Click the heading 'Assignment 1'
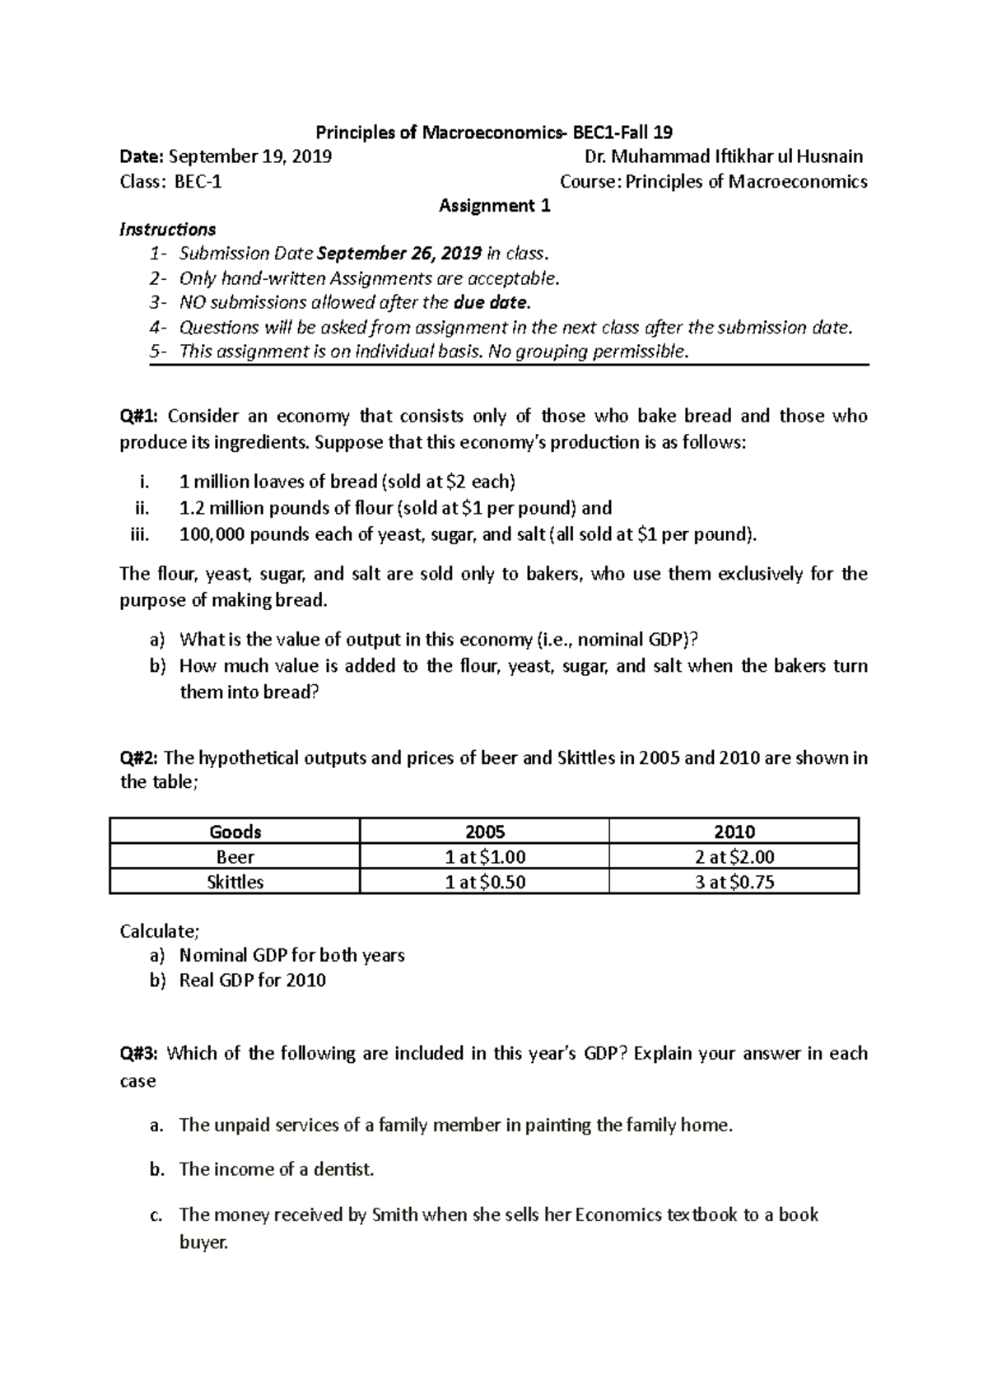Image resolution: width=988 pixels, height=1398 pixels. click(494, 206)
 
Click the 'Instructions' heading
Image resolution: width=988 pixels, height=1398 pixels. click(168, 229)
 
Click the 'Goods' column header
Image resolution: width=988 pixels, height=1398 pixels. click(235, 832)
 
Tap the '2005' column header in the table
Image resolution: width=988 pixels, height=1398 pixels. click(485, 832)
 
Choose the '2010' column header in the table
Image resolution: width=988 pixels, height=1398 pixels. click(734, 832)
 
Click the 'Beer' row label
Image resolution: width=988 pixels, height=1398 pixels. click(235, 857)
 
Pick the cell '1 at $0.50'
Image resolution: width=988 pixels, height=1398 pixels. click(485, 883)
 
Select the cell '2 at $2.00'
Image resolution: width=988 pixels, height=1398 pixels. click(734, 857)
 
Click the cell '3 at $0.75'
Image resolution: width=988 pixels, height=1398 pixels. click(734, 883)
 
